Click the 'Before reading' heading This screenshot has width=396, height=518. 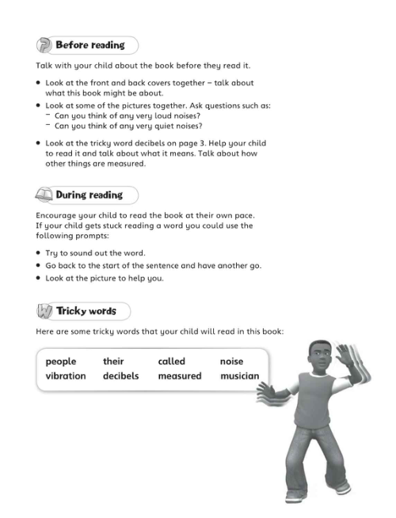(90, 45)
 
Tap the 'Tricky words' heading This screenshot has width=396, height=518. (86, 311)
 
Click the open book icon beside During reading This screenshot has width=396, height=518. (44, 195)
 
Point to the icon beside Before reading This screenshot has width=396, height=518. (44, 45)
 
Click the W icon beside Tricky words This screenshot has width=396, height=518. (44, 311)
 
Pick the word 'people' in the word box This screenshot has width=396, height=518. (61, 361)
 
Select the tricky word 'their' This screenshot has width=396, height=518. (113, 361)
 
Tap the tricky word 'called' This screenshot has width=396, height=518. (171, 361)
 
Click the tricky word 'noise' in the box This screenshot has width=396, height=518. (231, 361)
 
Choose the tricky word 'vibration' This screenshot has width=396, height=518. (66, 376)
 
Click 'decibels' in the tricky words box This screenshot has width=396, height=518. (120, 376)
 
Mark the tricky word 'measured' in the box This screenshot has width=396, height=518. (180, 376)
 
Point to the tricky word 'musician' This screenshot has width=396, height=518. (239, 376)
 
